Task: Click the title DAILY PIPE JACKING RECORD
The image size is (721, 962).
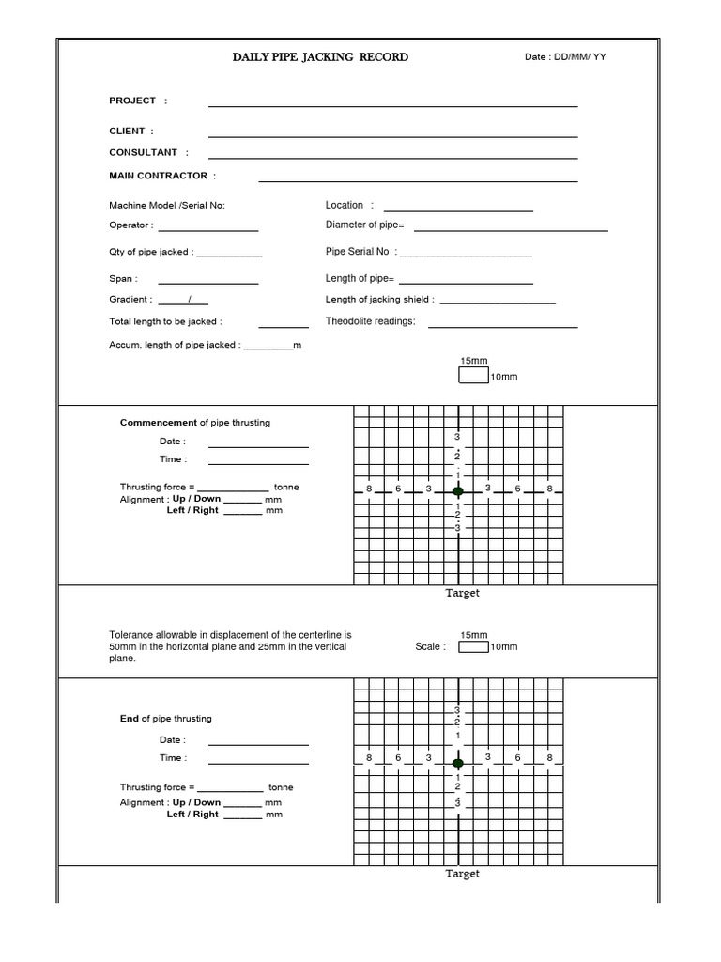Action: click(x=320, y=57)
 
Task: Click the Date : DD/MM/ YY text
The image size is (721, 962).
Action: click(x=565, y=57)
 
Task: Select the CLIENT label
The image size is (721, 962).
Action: click(x=131, y=132)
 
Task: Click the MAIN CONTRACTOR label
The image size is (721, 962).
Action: click(x=162, y=176)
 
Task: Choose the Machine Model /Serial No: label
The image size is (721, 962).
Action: click(x=167, y=205)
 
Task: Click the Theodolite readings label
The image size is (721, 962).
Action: click(x=370, y=321)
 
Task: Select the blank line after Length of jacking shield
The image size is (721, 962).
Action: click(x=498, y=303)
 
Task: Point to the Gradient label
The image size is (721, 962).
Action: click(x=130, y=300)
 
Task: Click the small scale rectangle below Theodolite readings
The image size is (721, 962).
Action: click(x=473, y=376)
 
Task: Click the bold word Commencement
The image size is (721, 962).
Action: click(x=159, y=423)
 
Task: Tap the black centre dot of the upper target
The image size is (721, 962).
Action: click(x=458, y=491)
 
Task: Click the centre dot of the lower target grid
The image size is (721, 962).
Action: click(x=458, y=762)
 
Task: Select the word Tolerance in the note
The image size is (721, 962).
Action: click(x=130, y=635)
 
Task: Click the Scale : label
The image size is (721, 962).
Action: click(x=430, y=646)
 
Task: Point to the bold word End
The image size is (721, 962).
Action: click(x=130, y=719)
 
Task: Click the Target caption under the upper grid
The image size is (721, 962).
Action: click(x=462, y=593)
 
